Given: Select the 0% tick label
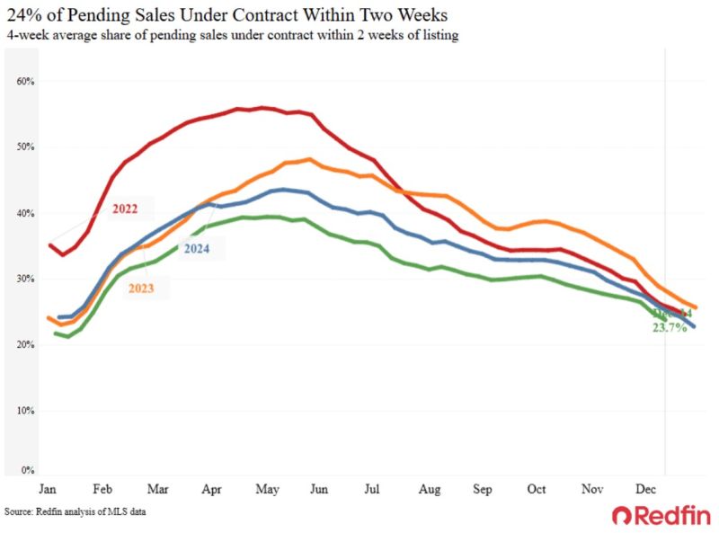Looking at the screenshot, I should [x=27, y=469].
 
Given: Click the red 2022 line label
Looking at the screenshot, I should [x=126, y=209].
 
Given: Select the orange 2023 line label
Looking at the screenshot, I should [x=140, y=289].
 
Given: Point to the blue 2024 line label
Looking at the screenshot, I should [x=196, y=248].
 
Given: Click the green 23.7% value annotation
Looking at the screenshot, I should [x=670, y=328].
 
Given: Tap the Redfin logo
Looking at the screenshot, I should [x=661, y=515].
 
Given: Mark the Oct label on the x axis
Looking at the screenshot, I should [x=537, y=490].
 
